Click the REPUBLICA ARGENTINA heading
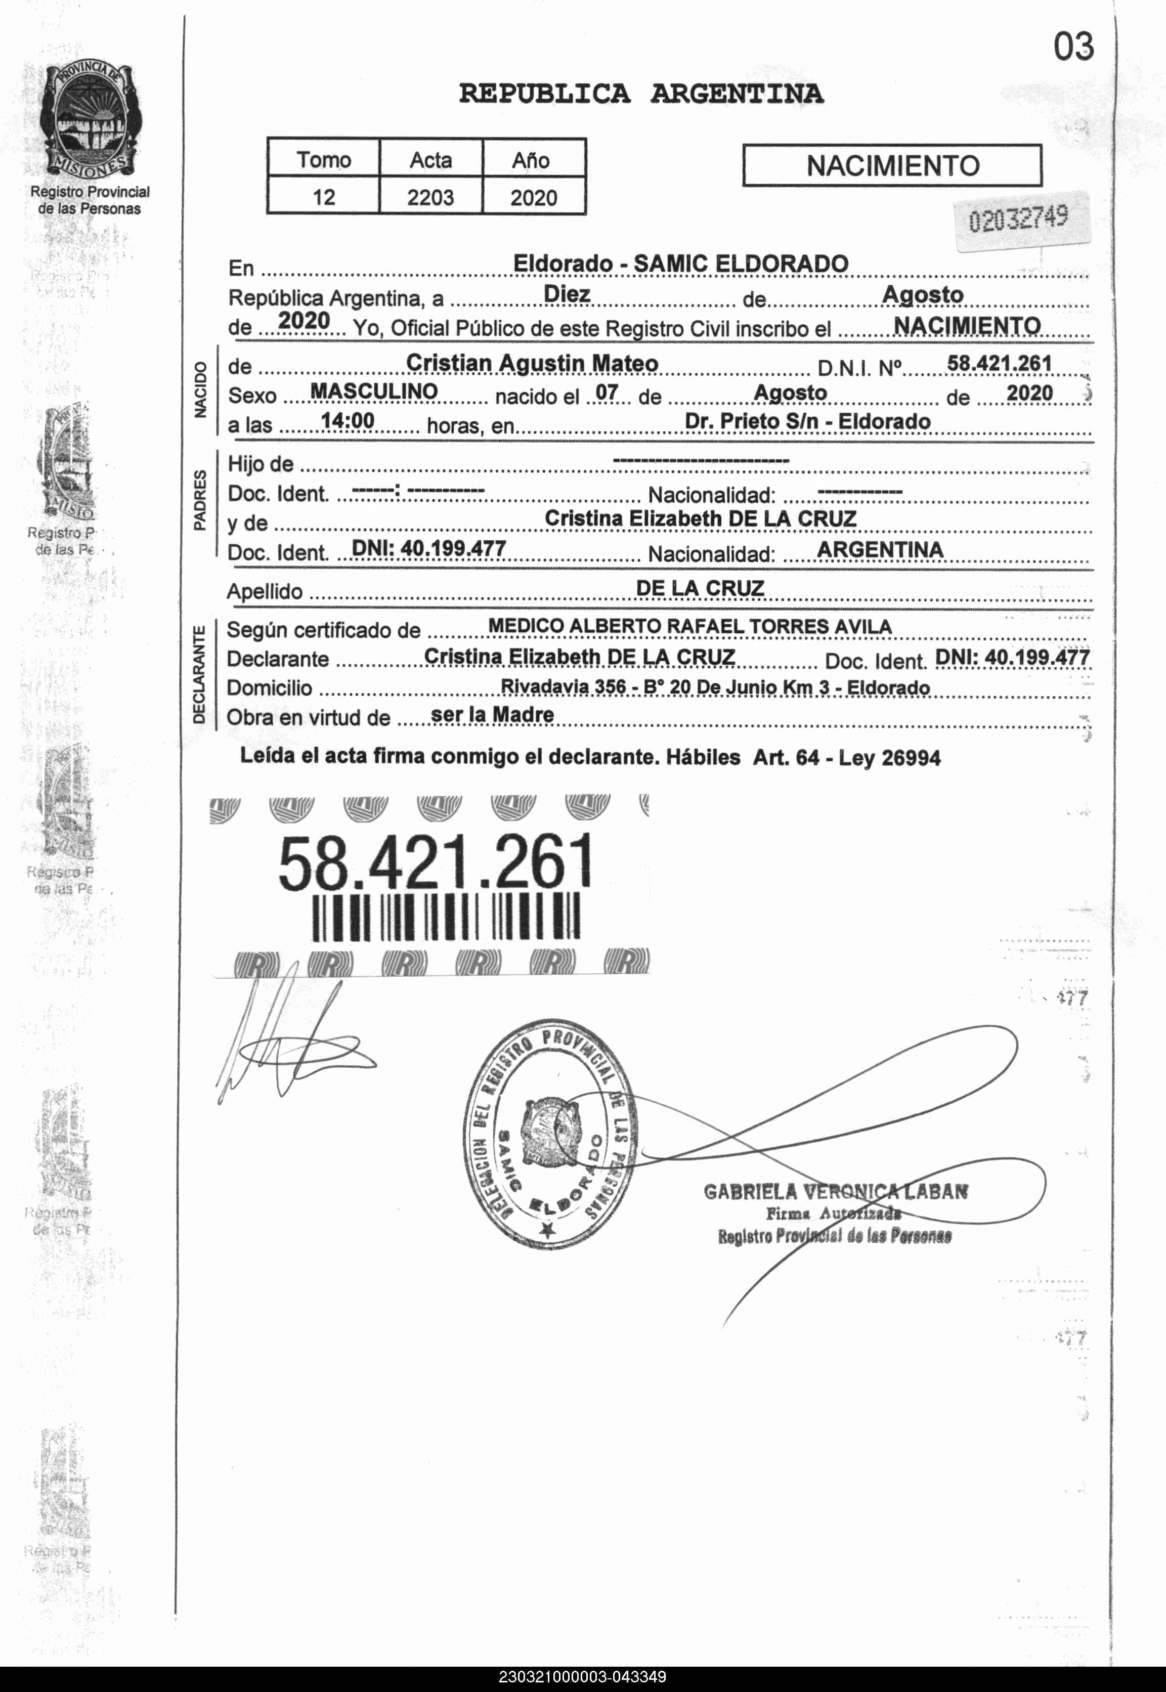[x=641, y=94]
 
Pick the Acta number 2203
[x=430, y=197]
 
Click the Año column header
[x=531, y=160]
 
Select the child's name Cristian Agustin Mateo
[x=532, y=363]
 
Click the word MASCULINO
[x=373, y=392]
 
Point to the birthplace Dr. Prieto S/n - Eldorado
[x=807, y=421]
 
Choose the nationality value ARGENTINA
[x=880, y=549]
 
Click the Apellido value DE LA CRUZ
[x=700, y=588]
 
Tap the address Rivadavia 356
[x=563, y=687]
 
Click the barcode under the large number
[x=445, y=917]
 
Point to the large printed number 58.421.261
[x=436, y=863]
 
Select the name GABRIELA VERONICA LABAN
[x=836, y=1192]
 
